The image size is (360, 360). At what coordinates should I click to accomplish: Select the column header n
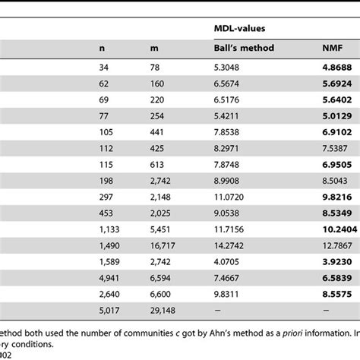pos(103,49)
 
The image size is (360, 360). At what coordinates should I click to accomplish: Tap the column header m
pos(154,49)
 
